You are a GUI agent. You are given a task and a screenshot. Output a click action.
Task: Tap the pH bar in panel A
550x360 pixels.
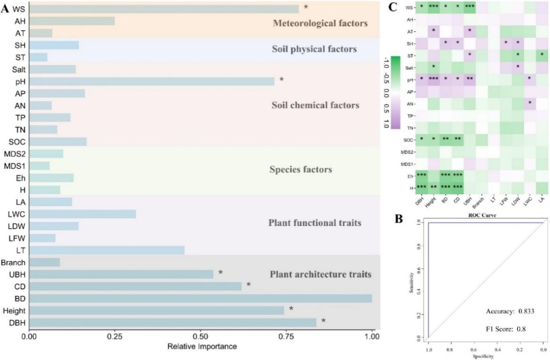[x=151, y=81]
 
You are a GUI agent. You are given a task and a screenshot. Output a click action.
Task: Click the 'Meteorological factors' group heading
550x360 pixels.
[x=314, y=23]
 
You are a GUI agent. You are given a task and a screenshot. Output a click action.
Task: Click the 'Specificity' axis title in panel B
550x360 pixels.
[x=485, y=356]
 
